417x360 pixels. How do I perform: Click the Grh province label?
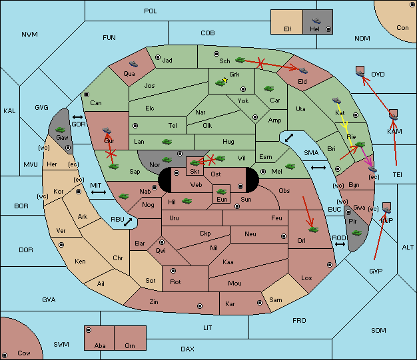tap(234, 75)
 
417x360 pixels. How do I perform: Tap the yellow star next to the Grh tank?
tap(225, 80)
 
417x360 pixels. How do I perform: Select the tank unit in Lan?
tap(167, 142)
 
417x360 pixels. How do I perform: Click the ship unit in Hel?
tap(316, 21)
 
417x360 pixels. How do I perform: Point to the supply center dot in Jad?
tap(158, 57)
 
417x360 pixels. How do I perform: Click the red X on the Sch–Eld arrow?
tap(260, 63)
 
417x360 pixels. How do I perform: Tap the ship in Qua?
tap(133, 64)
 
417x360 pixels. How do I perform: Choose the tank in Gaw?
tap(61, 130)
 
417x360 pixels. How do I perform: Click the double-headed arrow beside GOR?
tap(77, 117)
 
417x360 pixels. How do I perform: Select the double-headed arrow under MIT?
tap(99, 192)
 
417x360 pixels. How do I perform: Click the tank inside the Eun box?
tap(221, 191)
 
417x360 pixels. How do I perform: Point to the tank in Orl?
tap(313, 230)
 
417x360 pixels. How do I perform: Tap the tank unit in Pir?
tap(356, 233)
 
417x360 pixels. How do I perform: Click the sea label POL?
tap(151, 11)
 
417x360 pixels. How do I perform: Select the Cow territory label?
tap(24, 353)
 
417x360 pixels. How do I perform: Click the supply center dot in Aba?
tap(89, 330)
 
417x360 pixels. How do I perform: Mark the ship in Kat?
tap(336, 100)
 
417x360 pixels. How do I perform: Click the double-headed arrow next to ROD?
tap(340, 244)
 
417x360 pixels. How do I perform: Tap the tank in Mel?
tap(290, 166)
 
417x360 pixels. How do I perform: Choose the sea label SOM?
tap(378, 331)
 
